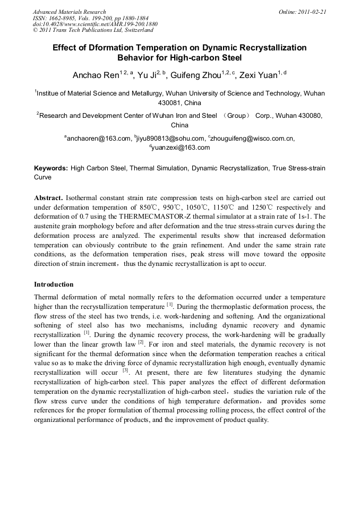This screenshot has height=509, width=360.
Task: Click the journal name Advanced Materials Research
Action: [69, 12]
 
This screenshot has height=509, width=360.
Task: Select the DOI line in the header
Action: [95, 24]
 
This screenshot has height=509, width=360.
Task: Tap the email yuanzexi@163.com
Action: [181, 148]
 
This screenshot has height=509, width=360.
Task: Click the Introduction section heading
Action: [54, 284]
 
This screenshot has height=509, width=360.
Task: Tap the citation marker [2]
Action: [141, 342]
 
